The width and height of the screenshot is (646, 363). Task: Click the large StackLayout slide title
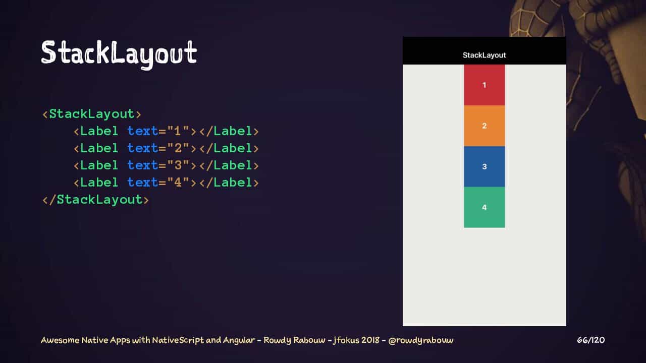pos(119,53)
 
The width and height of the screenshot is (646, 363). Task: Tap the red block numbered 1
pos(484,85)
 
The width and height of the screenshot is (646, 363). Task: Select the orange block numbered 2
pos(484,126)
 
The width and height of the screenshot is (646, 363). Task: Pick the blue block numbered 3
pos(484,166)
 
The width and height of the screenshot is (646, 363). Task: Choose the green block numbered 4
pos(484,207)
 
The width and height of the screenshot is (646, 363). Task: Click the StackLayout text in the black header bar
pos(484,55)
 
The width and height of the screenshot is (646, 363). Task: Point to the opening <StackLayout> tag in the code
pos(92,114)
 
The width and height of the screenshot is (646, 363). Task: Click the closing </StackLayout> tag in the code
pos(95,200)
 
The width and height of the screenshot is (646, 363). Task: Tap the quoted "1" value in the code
pos(178,131)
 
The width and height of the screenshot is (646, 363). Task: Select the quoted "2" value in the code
pos(178,148)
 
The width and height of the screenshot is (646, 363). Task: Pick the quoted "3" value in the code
pos(178,165)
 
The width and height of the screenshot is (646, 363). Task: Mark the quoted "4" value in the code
pos(178,183)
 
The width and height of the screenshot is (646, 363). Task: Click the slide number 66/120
pos(590,340)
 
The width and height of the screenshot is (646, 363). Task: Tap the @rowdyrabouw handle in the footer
pos(421,340)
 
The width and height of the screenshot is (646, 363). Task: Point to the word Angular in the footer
pos(239,340)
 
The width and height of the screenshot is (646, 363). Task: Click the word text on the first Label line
pos(142,131)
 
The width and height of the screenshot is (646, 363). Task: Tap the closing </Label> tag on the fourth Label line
pos(229,183)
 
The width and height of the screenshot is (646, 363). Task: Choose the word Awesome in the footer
pos(60,340)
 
